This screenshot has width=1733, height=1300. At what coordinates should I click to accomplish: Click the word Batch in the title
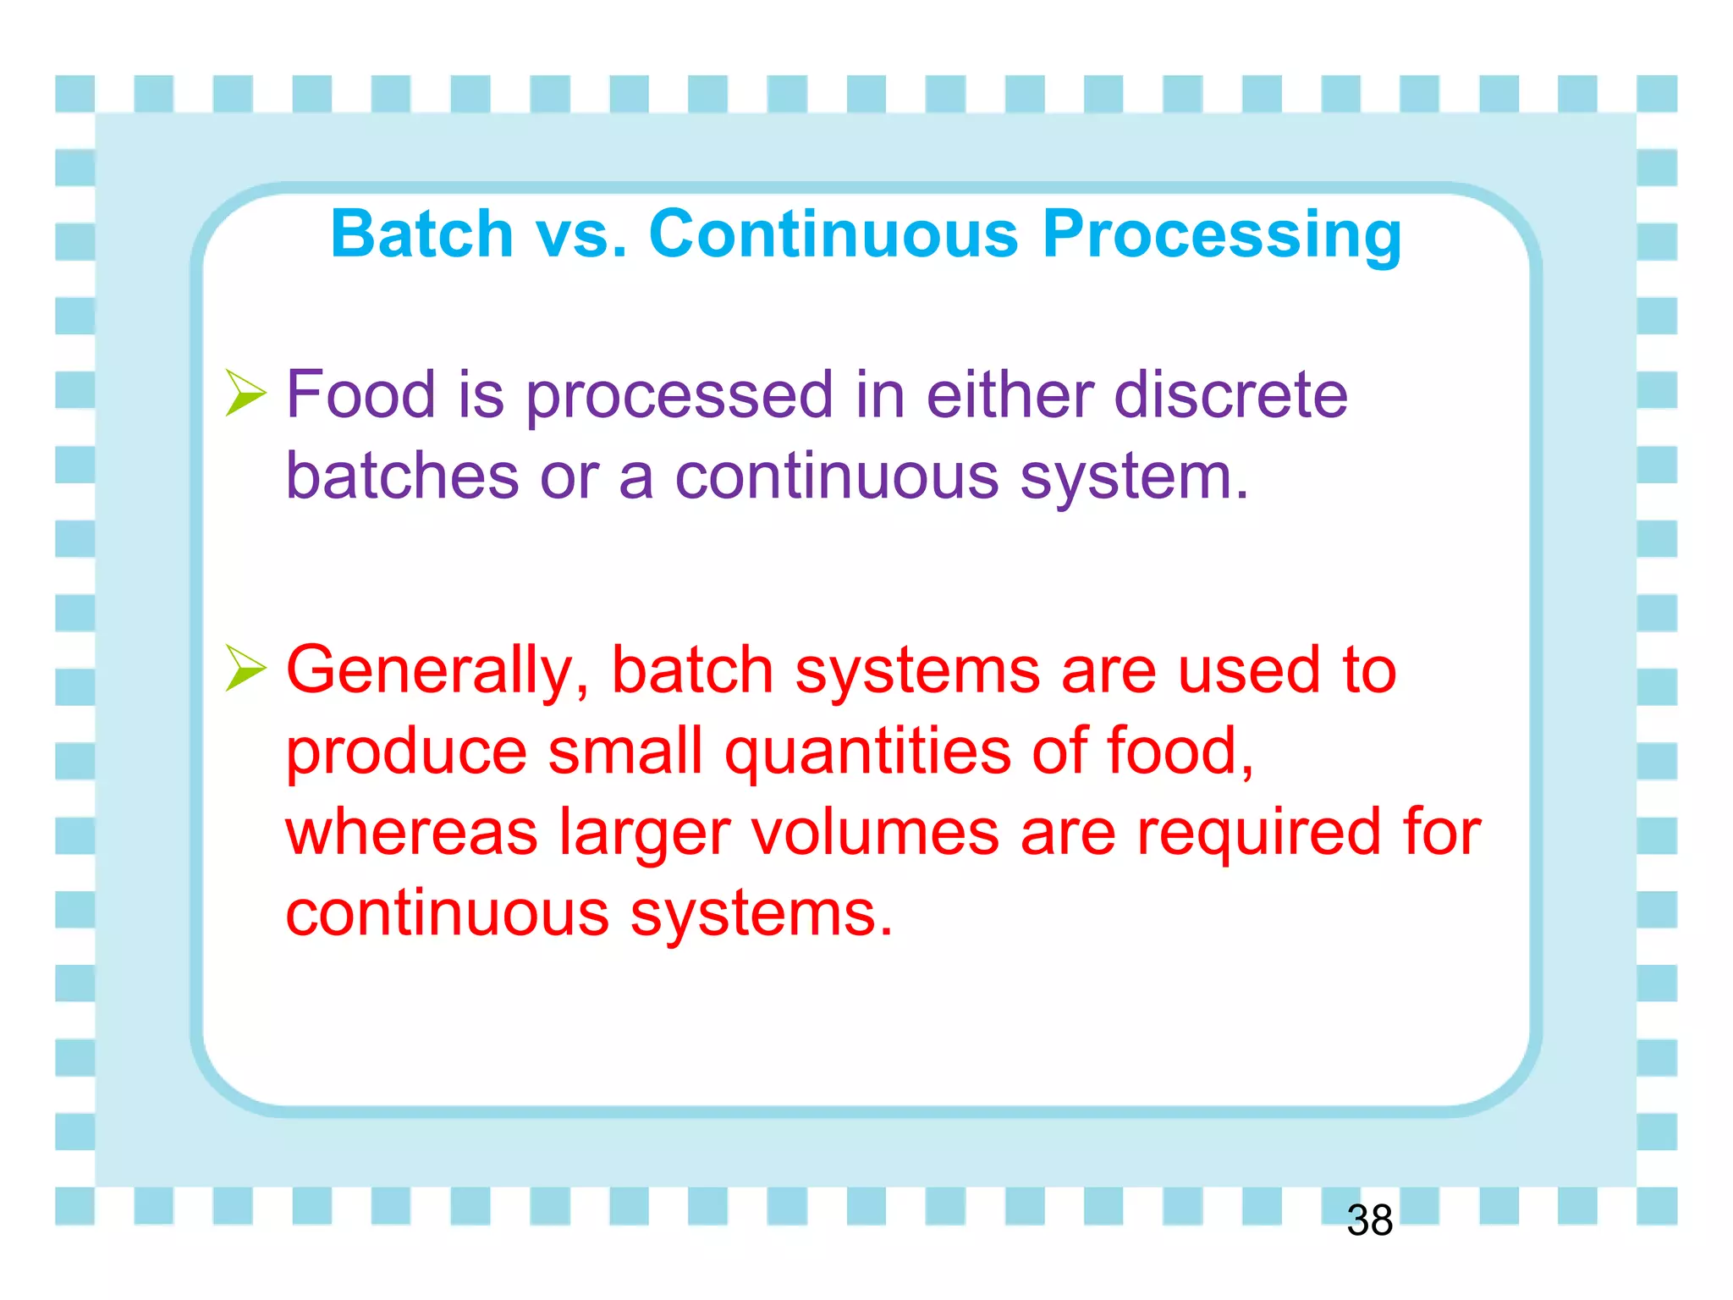coord(421,234)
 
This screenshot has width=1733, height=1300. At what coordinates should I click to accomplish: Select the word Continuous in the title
coord(833,234)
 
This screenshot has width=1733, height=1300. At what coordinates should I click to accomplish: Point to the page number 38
coord(1369,1220)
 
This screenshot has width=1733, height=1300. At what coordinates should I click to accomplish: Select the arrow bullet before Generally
coord(245,668)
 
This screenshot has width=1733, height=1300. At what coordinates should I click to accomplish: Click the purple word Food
coord(360,394)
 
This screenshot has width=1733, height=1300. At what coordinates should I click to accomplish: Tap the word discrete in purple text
coord(1230,394)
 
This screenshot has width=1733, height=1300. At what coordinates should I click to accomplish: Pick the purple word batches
coord(401,476)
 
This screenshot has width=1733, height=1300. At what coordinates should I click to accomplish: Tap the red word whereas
coord(411,832)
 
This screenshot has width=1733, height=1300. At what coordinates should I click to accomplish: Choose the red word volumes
coord(875,832)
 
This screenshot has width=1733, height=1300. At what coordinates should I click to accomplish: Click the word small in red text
coord(624,752)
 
